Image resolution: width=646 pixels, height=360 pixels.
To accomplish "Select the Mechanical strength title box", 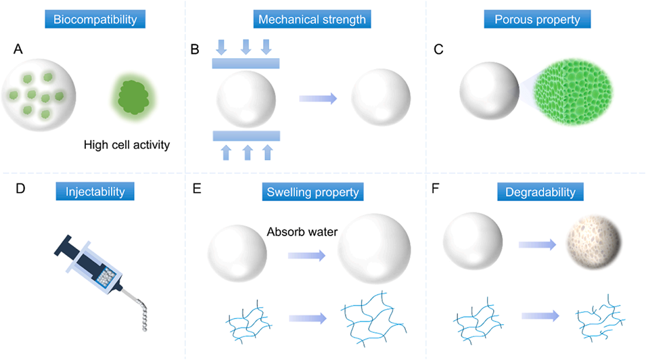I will [x=313, y=19].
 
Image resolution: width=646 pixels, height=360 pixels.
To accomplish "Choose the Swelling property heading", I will [x=313, y=192].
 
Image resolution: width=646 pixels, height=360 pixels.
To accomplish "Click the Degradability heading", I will [x=540, y=192].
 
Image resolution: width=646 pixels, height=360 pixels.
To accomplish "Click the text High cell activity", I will [x=126, y=144].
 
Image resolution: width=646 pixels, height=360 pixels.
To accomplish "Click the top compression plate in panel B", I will [x=246, y=64].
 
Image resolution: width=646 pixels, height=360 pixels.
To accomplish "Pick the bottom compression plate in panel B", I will [x=246, y=135].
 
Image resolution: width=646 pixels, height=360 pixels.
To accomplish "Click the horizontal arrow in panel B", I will [x=318, y=99].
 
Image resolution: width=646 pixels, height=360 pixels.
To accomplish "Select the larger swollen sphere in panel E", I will [x=373, y=251].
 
